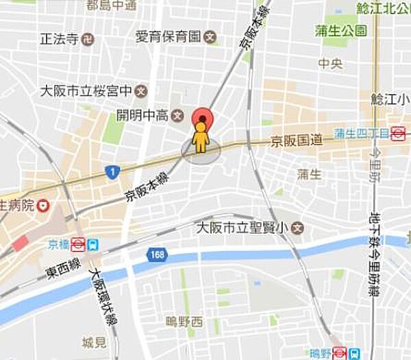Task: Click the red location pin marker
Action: (201, 118)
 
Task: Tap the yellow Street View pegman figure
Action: (201, 139)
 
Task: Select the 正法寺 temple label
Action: (60, 38)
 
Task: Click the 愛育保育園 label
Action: (168, 36)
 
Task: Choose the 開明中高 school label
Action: (143, 115)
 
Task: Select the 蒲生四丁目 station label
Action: (361, 133)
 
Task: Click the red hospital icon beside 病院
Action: (44, 204)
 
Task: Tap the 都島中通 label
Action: (111, 5)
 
